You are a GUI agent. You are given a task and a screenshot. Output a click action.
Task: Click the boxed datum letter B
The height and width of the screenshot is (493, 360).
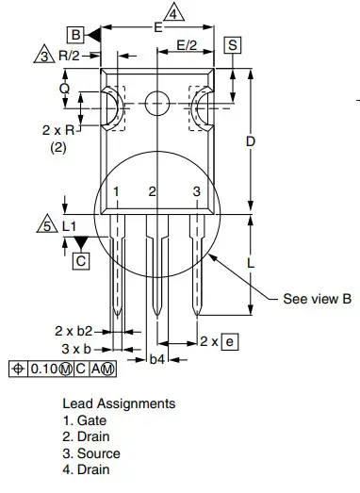click(x=75, y=35)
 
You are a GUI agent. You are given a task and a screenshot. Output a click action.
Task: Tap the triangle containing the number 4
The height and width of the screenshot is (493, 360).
click(x=173, y=13)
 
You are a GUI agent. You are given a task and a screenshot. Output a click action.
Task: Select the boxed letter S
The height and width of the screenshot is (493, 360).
click(x=233, y=45)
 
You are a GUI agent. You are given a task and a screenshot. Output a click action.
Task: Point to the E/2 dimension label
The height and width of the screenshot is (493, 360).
click(x=187, y=45)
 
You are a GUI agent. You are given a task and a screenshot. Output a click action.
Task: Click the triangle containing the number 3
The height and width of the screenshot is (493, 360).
click(x=44, y=55)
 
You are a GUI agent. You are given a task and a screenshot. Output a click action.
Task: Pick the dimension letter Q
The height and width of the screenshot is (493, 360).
click(x=64, y=89)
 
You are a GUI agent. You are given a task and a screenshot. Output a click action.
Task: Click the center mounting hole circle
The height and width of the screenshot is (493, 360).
click(x=157, y=103)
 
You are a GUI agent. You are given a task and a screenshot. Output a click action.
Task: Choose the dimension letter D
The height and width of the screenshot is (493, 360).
click(x=251, y=141)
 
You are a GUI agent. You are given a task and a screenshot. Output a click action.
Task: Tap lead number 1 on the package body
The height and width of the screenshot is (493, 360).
click(x=116, y=191)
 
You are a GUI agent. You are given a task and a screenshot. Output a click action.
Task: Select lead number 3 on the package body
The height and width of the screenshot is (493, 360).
click(x=197, y=191)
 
